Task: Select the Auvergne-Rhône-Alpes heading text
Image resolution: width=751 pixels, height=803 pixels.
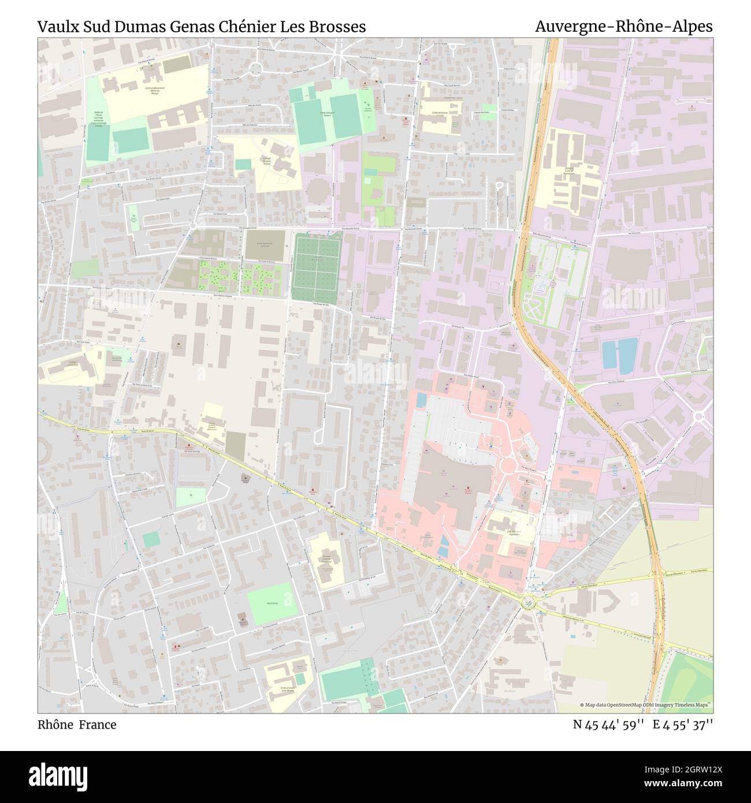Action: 623,27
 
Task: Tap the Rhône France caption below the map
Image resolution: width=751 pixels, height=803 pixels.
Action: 77,724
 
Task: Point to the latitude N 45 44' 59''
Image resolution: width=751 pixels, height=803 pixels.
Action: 608,724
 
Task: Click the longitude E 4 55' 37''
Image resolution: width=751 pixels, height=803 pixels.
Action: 683,724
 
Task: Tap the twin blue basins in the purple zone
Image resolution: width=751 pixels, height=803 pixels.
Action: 619,354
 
